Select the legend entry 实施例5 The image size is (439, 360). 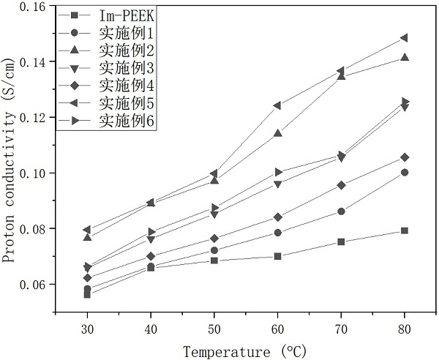[127, 102]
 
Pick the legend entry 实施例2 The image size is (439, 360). [127, 50]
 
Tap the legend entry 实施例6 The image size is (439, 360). [127, 119]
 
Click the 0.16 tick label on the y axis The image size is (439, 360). [30, 7]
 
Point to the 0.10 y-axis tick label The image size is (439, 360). [30, 173]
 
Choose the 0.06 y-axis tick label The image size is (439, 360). [30, 285]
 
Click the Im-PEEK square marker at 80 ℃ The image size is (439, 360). [405, 230]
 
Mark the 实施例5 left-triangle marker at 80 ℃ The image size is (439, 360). [404, 38]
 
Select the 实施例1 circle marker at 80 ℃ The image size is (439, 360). [405, 173]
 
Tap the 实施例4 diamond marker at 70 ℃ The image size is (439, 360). [341, 185]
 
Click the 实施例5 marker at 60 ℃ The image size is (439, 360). [277, 105]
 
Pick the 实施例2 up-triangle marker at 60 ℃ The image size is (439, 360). [277, 133]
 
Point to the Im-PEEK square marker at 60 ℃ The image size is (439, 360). [277, 256]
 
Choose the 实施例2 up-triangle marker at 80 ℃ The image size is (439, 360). [405, 57]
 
